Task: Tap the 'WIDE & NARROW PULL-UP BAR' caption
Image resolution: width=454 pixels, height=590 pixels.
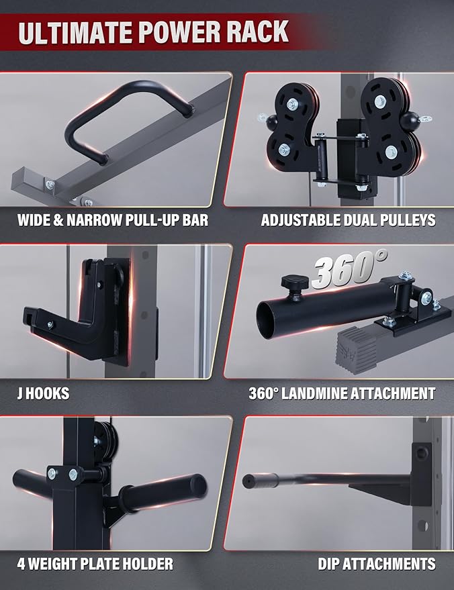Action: (x=112, y=219)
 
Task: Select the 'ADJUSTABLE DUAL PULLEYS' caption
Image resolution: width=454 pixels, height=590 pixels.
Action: (x=348, y=219)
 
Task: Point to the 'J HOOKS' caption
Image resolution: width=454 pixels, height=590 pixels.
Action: (x=42, y=393)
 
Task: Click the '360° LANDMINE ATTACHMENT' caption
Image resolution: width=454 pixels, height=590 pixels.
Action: (x=342, y=393)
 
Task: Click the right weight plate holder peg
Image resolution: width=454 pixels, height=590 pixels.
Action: (x=168, y=486)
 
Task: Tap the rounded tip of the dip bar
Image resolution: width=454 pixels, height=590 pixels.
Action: (x=248, y=481)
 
